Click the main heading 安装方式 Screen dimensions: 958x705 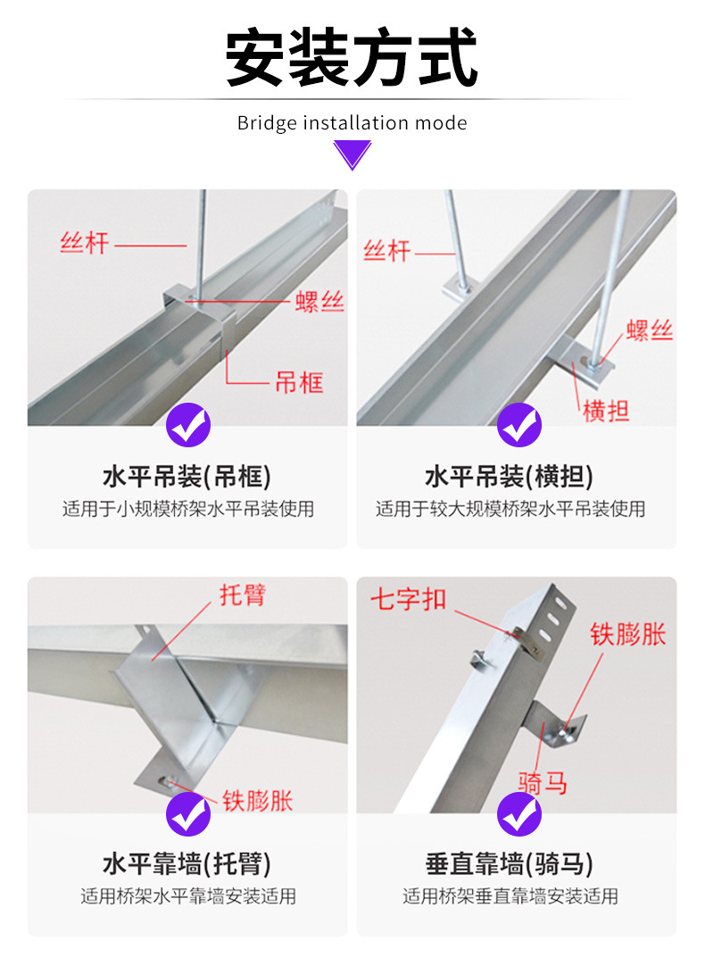coord(352,58)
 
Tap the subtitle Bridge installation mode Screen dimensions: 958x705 coord(352,123)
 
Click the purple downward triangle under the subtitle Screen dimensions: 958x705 coord(352,155)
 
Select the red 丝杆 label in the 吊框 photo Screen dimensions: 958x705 coord(84,243)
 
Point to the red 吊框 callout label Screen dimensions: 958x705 coord(298,383)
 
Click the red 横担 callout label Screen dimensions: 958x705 coord(606,412)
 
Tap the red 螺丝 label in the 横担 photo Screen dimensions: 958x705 coord(649,331)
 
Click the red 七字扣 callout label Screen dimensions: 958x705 coord(409,599)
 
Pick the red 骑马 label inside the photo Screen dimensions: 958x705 coord(543,784)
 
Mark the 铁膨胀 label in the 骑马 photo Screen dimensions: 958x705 coord(627,635)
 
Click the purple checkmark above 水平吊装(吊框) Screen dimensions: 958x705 coord(188,426)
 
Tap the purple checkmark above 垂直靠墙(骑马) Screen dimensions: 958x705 coord(518,812)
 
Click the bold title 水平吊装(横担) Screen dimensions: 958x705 coord(509,477)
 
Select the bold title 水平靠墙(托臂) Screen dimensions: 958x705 coord(187,864)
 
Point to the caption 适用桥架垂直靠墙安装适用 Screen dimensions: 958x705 coord(510,896)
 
